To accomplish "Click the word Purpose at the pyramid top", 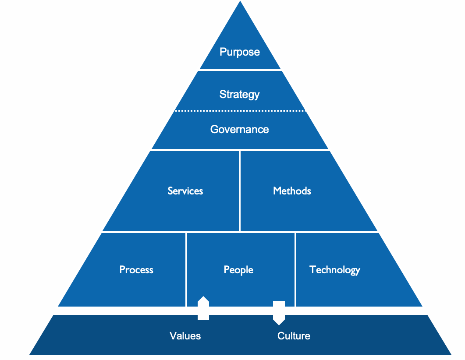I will coord(240,52).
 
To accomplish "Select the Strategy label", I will coord(240,94).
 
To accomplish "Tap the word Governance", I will coord(240,129).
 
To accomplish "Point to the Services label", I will coord(185,191).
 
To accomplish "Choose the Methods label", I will coord(292,191).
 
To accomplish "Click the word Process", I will coord(136,270).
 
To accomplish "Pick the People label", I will coord(238,270).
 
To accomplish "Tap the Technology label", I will coord(335,270).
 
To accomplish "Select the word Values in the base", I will coord(185,336).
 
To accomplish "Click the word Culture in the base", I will coord(294,336).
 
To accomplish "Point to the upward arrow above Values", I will coord(203,308).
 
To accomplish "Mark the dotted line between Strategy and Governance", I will coord(240,111).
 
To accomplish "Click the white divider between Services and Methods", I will coord(240,191).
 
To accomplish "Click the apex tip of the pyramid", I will coord(240,2).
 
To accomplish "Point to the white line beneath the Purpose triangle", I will coord(240,70).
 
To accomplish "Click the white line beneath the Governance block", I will coord(240,150).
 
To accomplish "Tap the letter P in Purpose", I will coord(223,52).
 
